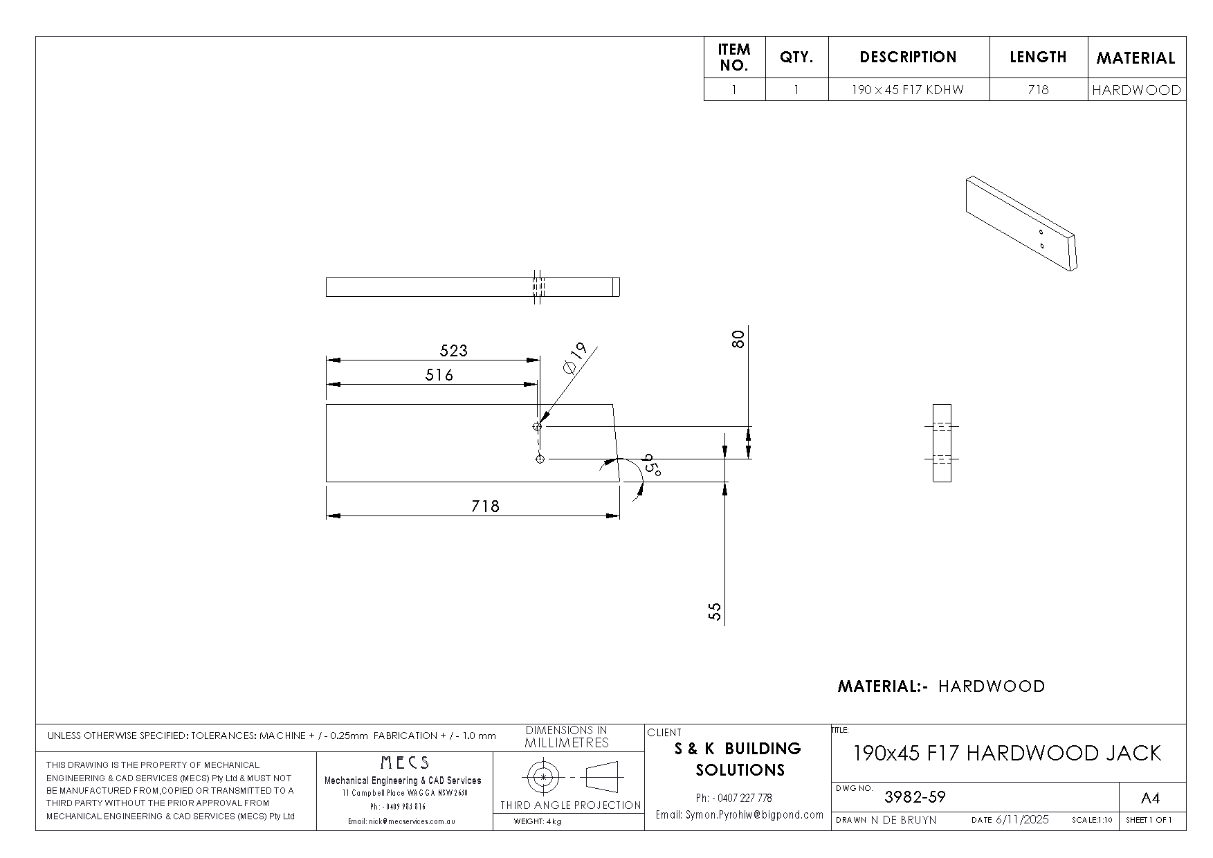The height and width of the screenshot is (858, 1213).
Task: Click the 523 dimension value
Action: pos(453,351)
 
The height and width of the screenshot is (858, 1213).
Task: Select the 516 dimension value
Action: pos(439,375)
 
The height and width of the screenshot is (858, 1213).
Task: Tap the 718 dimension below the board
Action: pos(485,506)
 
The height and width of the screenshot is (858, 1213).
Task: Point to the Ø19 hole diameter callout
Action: pos(575,358)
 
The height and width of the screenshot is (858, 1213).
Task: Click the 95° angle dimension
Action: pos(652,464)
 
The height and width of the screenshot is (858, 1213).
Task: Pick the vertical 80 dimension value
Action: pos(738,339)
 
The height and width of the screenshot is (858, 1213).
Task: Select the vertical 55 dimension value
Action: pos(715,611)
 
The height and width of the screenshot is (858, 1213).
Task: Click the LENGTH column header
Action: pos(1038,57)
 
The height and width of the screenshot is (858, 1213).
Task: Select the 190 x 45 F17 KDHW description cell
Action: pos(908,89)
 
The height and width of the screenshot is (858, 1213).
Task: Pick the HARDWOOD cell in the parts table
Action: pos(1136,90)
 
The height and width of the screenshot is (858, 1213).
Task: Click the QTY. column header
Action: pos(796,57)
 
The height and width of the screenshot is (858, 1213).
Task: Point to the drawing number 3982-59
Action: pos(915,797)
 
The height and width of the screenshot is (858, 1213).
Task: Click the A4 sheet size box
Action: pos(1150,798)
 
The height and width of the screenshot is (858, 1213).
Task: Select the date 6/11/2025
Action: pos(1022,820)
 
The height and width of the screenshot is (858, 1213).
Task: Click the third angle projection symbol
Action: pos(570,776)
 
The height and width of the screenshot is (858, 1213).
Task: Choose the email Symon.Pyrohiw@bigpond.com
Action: pos(740,815)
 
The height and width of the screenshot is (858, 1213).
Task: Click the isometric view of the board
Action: pos(1022,223)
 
